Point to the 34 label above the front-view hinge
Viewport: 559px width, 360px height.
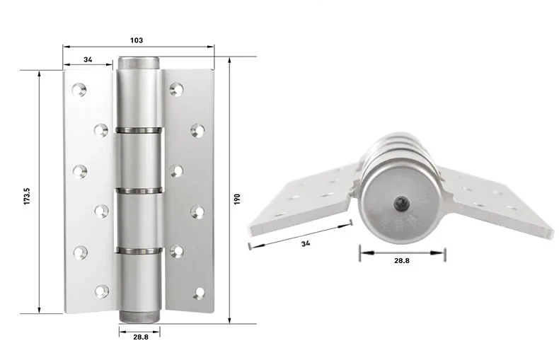coord(88,59)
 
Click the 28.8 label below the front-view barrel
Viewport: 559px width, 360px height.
coord(140,337)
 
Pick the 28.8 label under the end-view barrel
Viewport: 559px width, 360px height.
coord(401,260)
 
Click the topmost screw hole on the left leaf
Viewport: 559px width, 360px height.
coord(80,89)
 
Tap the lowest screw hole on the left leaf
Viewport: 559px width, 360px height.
coord(102,291)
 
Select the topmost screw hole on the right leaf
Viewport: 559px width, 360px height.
coord(177,89)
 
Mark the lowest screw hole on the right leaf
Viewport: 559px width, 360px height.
coord(199,292)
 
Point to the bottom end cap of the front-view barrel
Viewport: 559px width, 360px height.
coord(139,316)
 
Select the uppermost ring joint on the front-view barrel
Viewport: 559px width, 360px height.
coord(139,130)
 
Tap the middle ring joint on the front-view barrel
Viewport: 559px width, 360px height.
coord(139,190)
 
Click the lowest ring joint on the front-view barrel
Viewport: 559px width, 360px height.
coord(139,250)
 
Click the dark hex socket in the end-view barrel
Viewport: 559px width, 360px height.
coord(400,204)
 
